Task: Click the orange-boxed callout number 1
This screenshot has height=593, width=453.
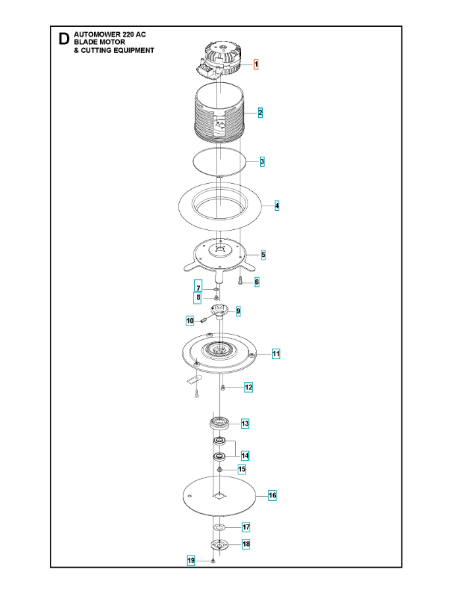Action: pyautogui.click(x=255, y=65)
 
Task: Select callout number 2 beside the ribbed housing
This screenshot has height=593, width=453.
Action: pyautogui.click(x=260, y=113)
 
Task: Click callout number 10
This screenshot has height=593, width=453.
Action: pyautogui.click(x=190, y=321)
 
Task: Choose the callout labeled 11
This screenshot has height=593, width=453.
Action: pyautogui.click(x=276, y=354)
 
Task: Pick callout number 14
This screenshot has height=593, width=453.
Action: pyautogui.click(x=245, y=456)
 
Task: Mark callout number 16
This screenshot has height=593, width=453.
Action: pyautogui.click(x=273, y=495)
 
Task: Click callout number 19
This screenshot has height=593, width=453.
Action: pyautogui.click(x=191, y=561)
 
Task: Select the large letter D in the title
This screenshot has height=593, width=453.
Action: pyautogui.click(x=65, y=39)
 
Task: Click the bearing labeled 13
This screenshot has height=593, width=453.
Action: pyautogui.click(x=220, y=423)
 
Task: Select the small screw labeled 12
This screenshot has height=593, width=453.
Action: pyautogui.click(x=223, y=387)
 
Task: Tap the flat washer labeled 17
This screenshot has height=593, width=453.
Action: pyautogui.click(x=219, y=527)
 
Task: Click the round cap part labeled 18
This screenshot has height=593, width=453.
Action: pyautogui.click(x=219, y=545)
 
